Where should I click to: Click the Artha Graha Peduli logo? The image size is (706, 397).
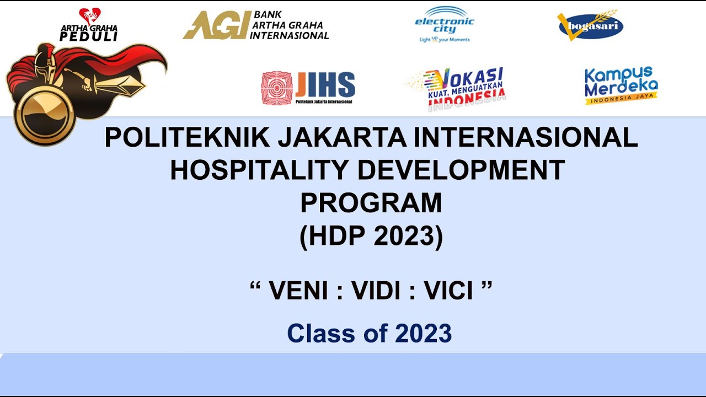[89, 26]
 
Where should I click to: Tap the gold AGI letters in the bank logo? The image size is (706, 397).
[215, 26]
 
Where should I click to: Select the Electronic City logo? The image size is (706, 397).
[444, 25]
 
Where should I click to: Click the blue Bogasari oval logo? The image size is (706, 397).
[590, 26]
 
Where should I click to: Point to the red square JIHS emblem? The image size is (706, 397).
[276, 88]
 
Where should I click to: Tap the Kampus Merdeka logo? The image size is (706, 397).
[621, 85]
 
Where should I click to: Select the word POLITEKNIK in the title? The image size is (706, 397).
[187, 138]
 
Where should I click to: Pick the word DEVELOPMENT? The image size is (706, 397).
[461, 170]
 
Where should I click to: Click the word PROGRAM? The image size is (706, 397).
[371, 203]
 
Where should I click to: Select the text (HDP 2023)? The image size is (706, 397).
[371, 236]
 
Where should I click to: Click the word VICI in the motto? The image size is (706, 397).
[448, 291]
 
